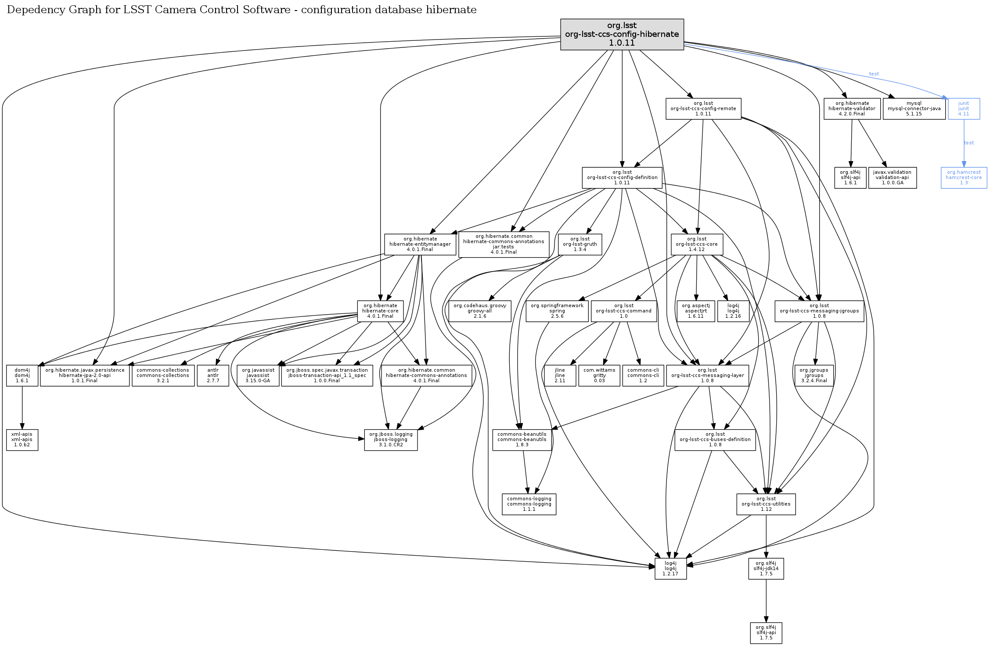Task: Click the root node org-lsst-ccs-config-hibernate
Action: coord(622,34)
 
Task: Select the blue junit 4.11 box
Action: coord(964,109)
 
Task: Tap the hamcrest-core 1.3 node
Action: coord(964,178)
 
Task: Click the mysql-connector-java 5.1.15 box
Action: coord(914,109)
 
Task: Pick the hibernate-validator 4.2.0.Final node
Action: coord(852,109)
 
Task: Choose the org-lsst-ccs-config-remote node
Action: coord(703,109)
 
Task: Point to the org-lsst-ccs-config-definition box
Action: coord(622,178)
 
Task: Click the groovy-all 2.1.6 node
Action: coord(479,311)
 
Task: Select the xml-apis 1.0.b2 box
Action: coord(22,440)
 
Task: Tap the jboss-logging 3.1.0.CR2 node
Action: coord(391,440)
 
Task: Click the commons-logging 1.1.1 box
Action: coord(529,504)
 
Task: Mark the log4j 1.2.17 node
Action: coord(670,569)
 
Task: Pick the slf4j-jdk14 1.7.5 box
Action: coord(766,569)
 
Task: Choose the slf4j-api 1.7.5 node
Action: coord(766,633)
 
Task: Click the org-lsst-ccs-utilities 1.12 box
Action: coord(766,504)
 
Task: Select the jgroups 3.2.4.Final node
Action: coord(814,376)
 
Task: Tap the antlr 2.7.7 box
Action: coord(213,376)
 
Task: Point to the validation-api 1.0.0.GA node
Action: coord(892,178)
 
